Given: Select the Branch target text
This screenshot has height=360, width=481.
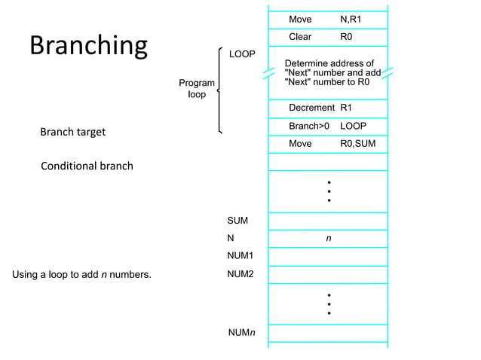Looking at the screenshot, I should pos(72,132).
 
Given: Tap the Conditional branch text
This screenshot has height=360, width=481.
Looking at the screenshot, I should pos(87,166).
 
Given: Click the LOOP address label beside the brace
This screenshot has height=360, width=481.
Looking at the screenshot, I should pos(242,54).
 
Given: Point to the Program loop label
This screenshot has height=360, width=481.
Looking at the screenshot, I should pos(196,89).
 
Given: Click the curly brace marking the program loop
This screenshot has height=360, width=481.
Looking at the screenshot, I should pos(219,90).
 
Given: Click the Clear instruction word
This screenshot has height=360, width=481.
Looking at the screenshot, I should pos(300,37).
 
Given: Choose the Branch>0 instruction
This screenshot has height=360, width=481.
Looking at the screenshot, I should pos(309,126).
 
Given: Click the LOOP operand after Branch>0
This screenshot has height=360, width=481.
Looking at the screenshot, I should pos(353,126).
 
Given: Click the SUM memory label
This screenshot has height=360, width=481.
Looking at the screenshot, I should pos(237,221).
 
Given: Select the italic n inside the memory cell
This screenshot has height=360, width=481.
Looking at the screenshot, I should pos(328,238).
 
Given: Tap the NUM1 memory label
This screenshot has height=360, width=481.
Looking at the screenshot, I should pos(240,256).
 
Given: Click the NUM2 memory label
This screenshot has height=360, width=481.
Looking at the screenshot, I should pos(240,274).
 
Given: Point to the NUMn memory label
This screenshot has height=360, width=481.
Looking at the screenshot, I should pos(241,332).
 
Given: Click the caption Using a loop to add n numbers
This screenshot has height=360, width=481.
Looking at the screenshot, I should pos(81,274).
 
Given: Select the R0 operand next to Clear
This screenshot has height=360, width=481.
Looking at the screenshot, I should pos(347,37).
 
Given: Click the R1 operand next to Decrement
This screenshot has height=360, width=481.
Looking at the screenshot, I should pos(347,108).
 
